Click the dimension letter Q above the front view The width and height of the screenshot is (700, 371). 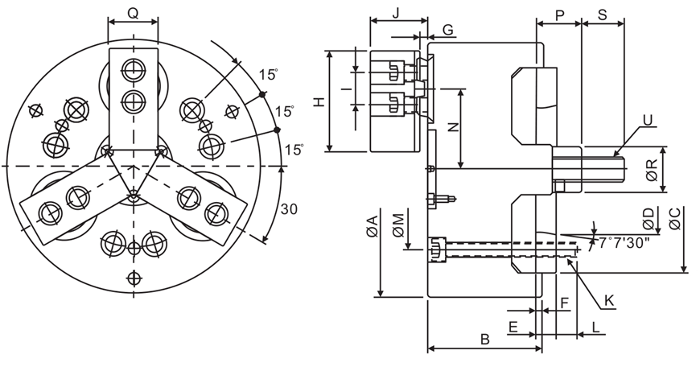click(x=133, y=14)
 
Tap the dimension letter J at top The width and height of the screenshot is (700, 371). click(x=397, y=13)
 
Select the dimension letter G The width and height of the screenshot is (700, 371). click(x=448, y=30)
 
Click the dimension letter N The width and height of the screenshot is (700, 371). click(x=452, y=127)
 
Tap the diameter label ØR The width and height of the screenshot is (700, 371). click(x=652, y=169)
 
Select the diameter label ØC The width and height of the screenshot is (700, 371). click(x=675, y=219)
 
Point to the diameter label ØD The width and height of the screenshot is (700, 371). click(x=649, y=217)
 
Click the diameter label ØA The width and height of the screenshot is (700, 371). click(x=371, y=229)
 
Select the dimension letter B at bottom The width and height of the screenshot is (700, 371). click(x=484, y=339)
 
